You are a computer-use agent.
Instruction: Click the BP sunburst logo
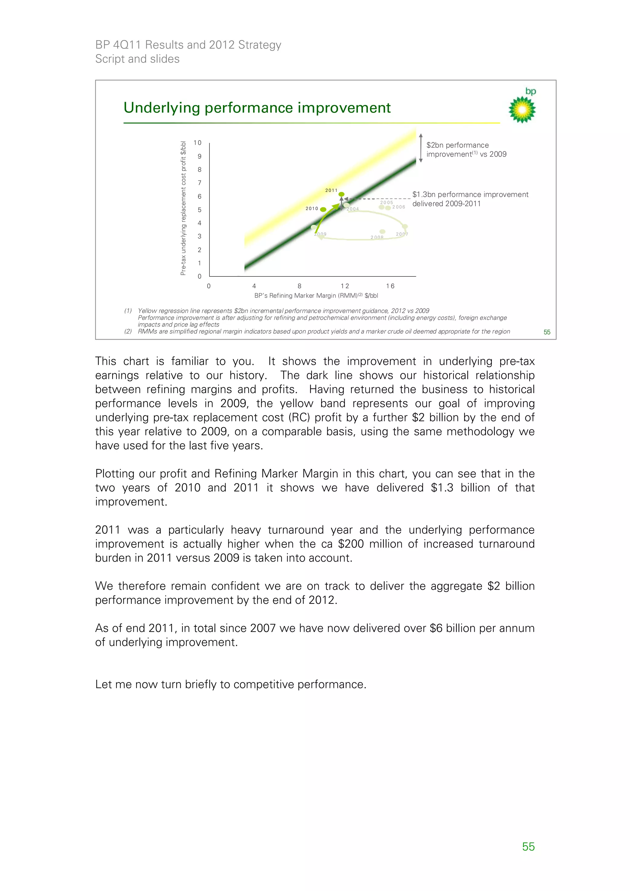(522, 109)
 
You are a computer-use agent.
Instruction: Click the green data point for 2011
(341, 194)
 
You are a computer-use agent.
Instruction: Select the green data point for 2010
(323, 209)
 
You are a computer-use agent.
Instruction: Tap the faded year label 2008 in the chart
(377, 237)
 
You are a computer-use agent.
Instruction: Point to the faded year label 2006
(399, 207)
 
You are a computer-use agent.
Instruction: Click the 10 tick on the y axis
(197, 143)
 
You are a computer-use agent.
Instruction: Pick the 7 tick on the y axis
(200, 183)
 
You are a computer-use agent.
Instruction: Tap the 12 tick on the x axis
(345, 286)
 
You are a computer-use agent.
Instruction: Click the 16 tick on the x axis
(390, 286)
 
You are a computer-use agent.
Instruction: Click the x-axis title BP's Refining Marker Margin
(316, 296)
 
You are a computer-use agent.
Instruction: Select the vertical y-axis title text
(183, 209)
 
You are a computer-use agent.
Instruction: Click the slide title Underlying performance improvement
(257, 108)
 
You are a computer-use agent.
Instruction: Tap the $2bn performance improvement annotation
(466, 149)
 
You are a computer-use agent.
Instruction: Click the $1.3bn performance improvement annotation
(470, 199)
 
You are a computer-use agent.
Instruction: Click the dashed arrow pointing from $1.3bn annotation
(377, 199)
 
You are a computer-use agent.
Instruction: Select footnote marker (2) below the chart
(128, 332)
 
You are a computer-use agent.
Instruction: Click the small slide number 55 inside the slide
(547, 332)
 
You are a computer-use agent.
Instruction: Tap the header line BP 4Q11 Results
(188, 45)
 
